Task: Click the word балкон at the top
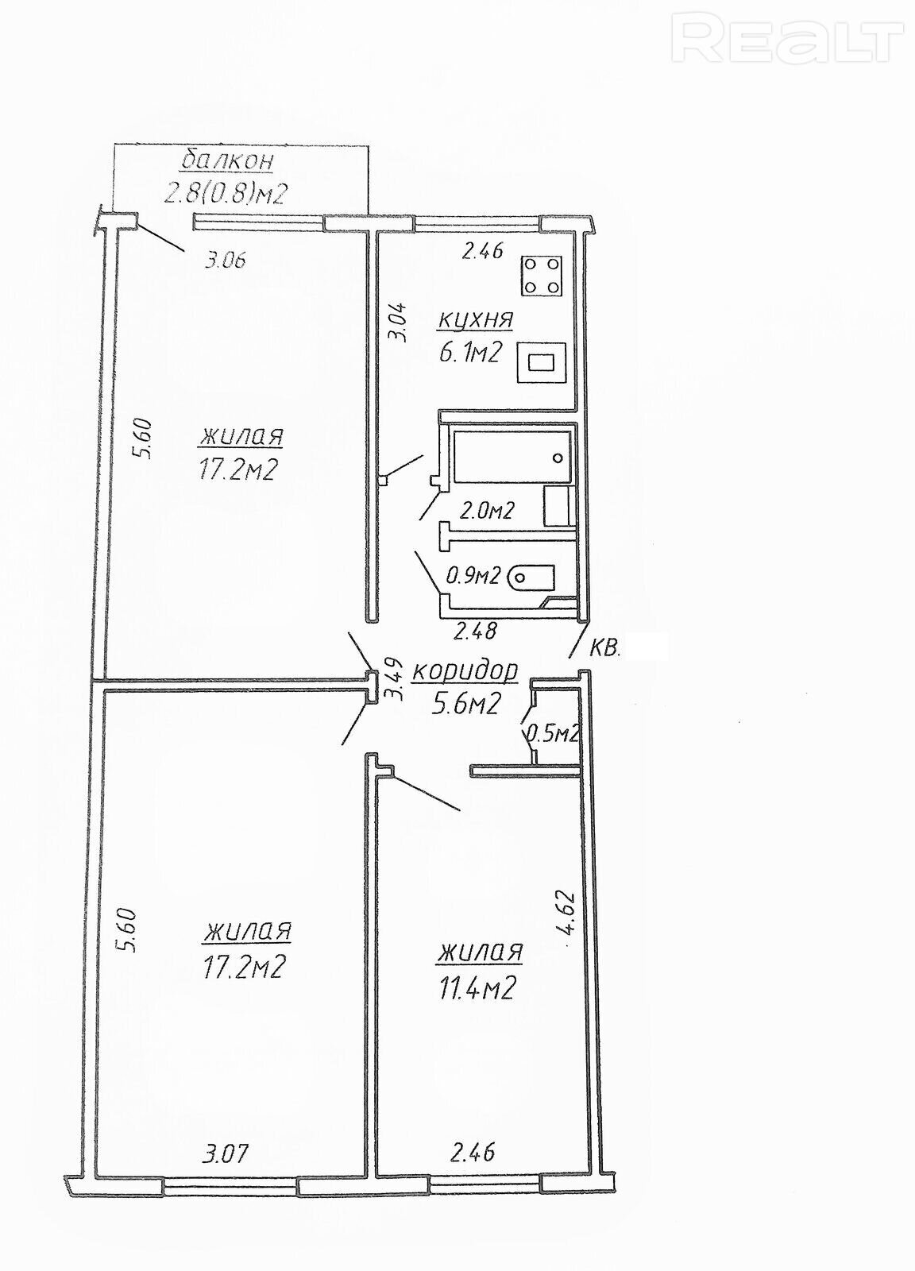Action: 227,161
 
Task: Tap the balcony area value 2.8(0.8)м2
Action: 226,194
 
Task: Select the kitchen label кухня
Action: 475,320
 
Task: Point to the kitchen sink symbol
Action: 542,362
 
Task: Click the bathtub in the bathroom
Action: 512,457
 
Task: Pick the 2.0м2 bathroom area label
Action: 486,511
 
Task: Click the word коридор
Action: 465,670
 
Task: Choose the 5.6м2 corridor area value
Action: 465,704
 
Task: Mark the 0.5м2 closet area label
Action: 553,734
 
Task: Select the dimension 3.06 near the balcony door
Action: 224,261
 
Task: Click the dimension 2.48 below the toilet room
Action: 475,631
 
